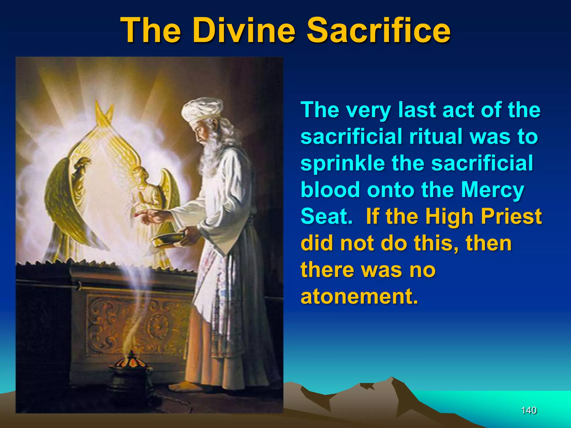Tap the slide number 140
click(x=529, y=410)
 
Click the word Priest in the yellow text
click(x=511, y=217)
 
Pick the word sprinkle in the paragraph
click(x=342, y=164)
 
